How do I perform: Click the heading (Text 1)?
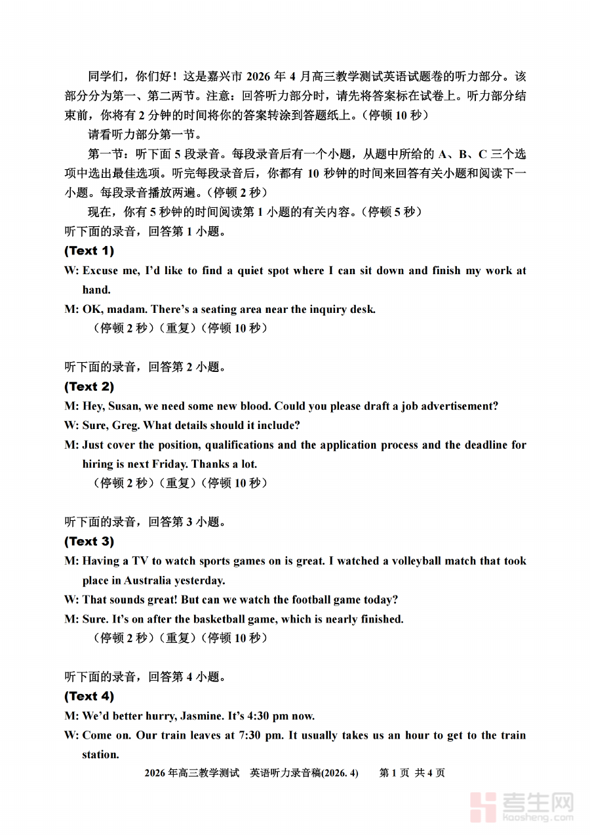click(89, 251)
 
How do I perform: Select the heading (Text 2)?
click(89, 386)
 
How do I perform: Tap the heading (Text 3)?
click(89, 541)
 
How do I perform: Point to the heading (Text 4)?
click(89, 696)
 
